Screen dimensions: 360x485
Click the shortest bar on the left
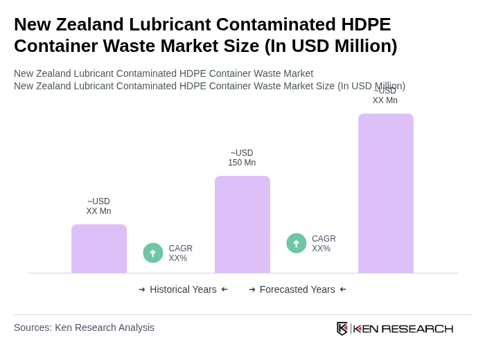click(99, 249)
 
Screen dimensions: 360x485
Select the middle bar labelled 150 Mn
click(242, 224)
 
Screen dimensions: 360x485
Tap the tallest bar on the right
click(386, 193)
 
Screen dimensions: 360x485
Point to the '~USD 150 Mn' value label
click(242, 158)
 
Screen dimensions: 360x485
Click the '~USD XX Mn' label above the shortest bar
click(98, 206)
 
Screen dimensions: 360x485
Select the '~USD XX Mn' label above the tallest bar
click(385, 96)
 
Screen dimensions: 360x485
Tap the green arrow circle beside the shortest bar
click(153, 253)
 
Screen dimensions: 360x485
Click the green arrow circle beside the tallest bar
click(297, 243)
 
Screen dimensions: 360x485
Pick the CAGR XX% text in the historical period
click(181, 253)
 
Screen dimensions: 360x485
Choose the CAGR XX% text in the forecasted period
click(324, 244)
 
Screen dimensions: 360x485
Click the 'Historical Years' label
click(183, 289)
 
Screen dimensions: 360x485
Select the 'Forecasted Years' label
click(297, 289)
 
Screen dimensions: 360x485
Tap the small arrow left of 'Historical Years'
click(142, 289)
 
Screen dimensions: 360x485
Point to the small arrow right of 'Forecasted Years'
click(343, 289)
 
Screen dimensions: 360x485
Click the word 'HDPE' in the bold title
click(358, 24)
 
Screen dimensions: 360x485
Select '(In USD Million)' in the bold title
click(331, 46)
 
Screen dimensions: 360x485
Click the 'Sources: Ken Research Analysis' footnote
click(84, 327)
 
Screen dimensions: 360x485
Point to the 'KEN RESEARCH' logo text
click(403, 328)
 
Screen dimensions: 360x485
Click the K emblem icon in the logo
click(342, 328)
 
